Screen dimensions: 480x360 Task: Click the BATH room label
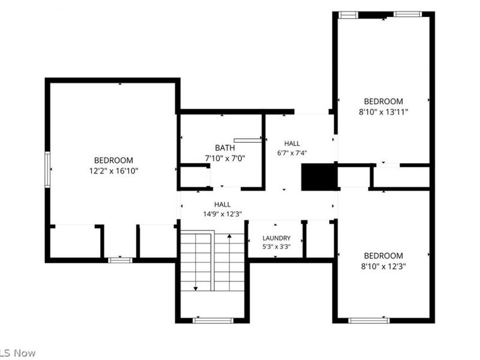[x=225, y=148]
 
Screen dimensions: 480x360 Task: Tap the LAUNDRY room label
[x=277, y=238]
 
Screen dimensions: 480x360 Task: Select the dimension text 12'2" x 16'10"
[x=113, y=171]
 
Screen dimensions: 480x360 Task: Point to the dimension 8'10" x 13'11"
[x=383, y=112]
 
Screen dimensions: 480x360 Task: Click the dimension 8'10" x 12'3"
[x=383, y=266]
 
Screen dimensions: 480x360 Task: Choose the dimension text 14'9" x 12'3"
[x=223, y=214]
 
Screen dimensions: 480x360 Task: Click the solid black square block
[x=319, y=177]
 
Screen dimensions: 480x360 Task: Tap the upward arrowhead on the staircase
[x=229, y=236]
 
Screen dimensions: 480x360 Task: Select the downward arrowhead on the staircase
[x=196, y=289]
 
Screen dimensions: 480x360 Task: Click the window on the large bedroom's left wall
[x=47, y=170]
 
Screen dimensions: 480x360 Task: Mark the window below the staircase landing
[x=213, y=320]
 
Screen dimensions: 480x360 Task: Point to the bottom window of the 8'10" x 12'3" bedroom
[x=369, y=320]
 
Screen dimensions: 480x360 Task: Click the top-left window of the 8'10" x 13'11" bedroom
[x=348, y=14]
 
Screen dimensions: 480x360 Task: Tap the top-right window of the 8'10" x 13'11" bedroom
[x=407, y=14]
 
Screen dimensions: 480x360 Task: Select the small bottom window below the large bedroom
[x=120, y=260]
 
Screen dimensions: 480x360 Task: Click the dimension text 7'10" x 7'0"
[x=225, y=158]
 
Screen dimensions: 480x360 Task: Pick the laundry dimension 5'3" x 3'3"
[x=277, y=246]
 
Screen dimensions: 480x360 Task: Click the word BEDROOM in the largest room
[x=113, y=160]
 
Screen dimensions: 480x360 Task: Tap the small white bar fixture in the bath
[x=248, y=140]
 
